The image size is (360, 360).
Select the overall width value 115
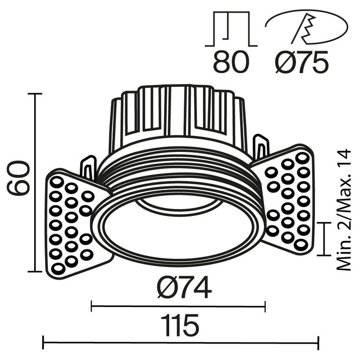[180, 324]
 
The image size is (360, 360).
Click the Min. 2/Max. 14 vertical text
[345, 210]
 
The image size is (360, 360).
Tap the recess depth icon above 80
[231, 29]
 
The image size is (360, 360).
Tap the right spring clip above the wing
[262, 146]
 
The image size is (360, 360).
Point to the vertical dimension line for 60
[35, 183]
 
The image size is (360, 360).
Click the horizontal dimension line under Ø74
[178, 307]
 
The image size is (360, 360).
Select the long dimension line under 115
[180, 343]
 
